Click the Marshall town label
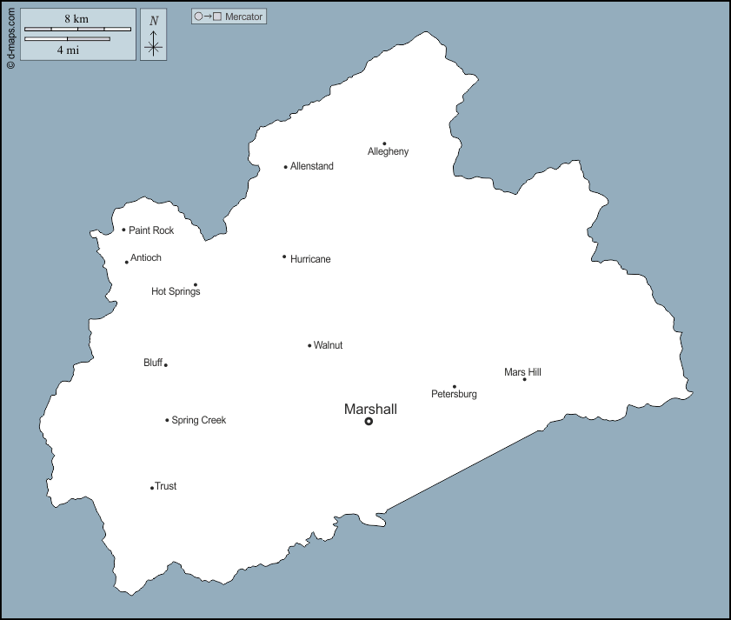click(x=370, y=409)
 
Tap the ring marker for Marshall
click(x=369, y=421)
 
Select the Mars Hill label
click(x=522, y=372)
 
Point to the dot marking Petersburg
click(x=454, y=387)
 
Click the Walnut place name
click(x=328, y=345)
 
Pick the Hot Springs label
click(x=176, y=291)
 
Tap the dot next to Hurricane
click(x=284, y=257)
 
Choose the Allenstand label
click(x=311, y=166)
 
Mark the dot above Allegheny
click(x=384, y=144)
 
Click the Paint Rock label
click(x=151, y=230)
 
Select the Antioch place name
click(x=146, y=257)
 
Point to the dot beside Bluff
click(x=166, y=365)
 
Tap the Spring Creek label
click(x=199, y=420)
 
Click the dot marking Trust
click(x=152, y=488)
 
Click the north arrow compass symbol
click(x=154, y=42)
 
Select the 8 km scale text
click(x=76, y=18)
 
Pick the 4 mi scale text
click(x=69, y=50)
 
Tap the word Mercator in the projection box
click(x=243, y=17)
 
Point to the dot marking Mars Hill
click(x=524, y=379)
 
